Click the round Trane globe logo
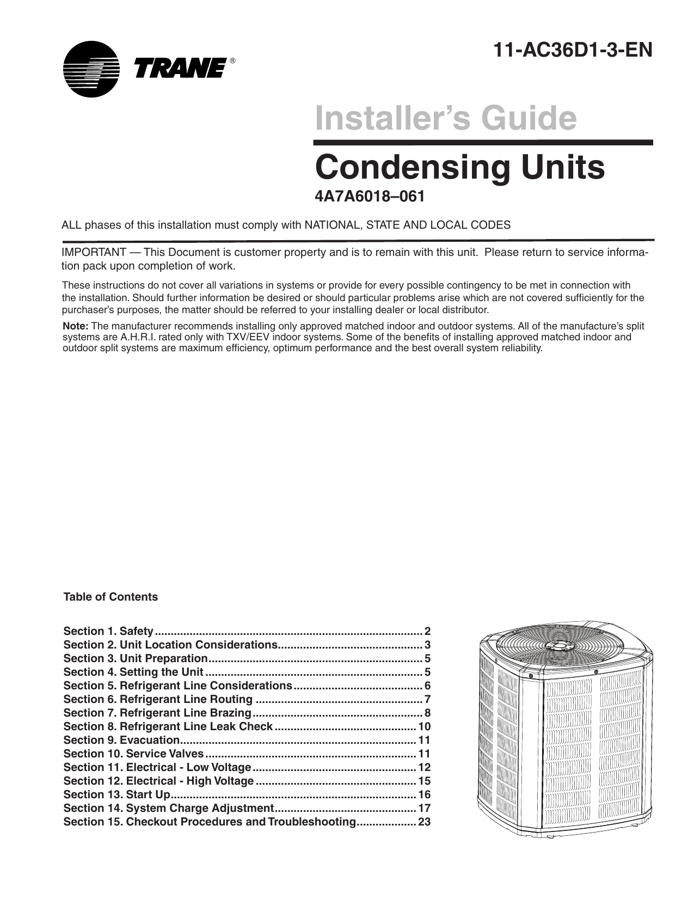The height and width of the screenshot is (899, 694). click(90, 69)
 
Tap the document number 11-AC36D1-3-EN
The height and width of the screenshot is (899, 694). click(572, 50)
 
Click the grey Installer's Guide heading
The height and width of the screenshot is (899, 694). click(445, 118)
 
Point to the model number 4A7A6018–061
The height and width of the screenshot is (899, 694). click(370, 197)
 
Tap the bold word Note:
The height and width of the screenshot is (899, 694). click(76, 326)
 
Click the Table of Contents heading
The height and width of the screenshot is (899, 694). click(110, 597)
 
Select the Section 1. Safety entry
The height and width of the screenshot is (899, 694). click(108, 631)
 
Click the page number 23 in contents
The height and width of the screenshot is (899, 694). click(424, 822)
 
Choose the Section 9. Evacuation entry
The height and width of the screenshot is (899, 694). click(121, 740)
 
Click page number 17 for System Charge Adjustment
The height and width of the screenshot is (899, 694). click(424, 808)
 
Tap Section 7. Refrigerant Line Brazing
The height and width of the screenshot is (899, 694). click(157, 713)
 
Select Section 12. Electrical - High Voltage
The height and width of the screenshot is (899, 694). click(158, 781)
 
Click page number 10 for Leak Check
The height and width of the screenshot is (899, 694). click(424, 726)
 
